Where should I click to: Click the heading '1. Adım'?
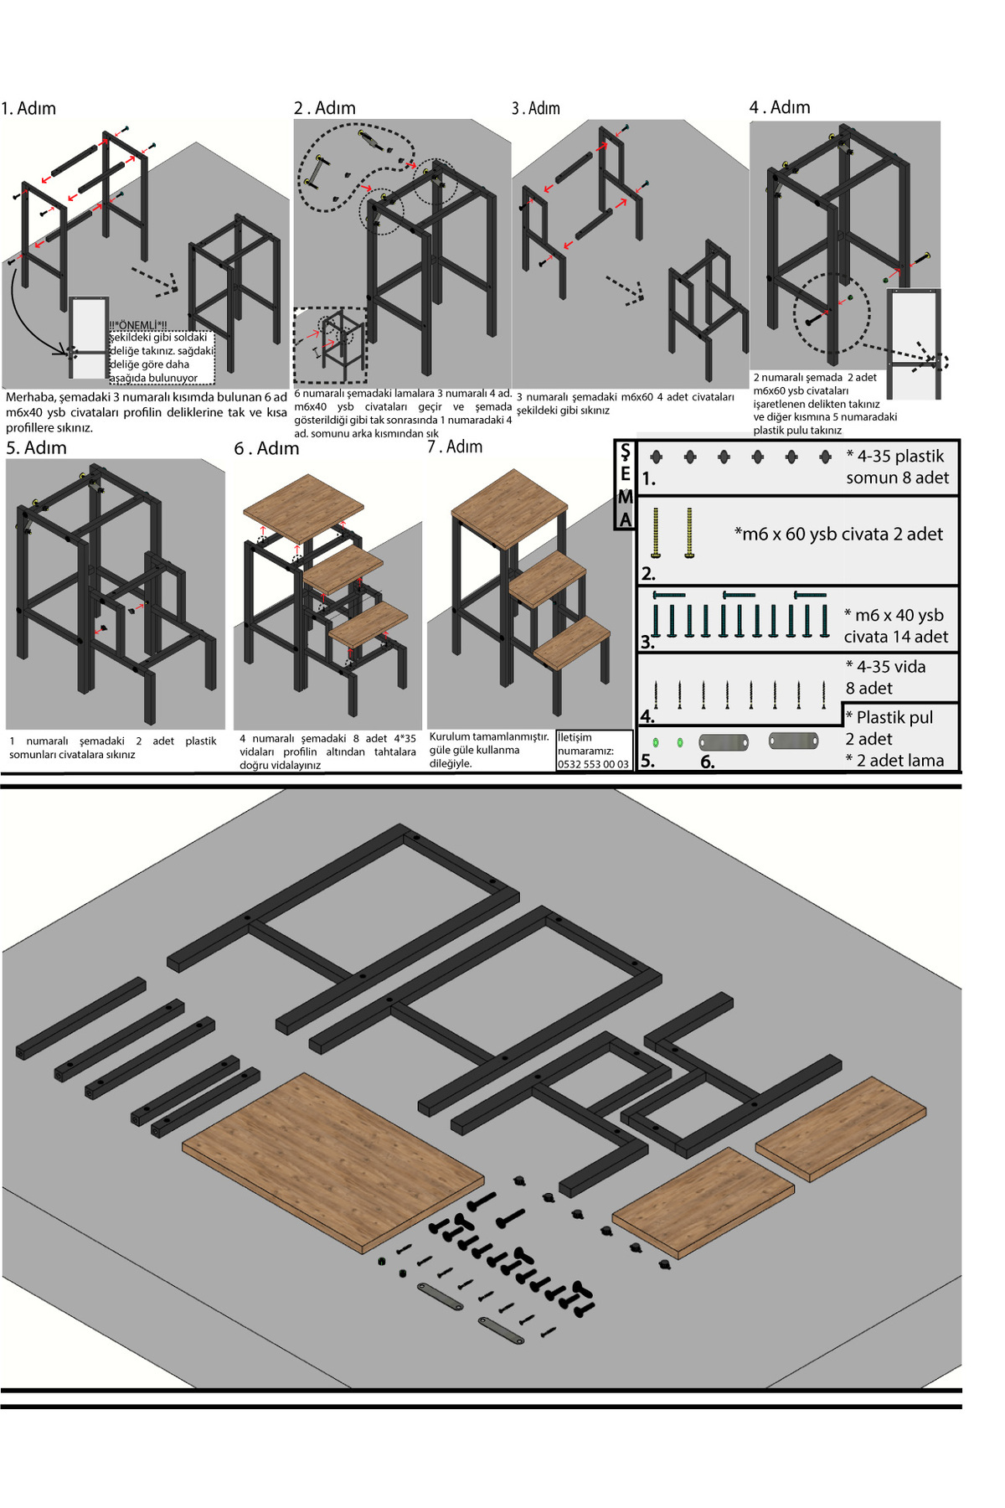28,108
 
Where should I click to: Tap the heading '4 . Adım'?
780,107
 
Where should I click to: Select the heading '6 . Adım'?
266,448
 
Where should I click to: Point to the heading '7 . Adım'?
455,447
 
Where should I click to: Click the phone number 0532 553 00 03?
593,764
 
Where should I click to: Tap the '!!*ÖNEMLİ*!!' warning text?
138,325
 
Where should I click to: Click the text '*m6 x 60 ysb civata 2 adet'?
838,534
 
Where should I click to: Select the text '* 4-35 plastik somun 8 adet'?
897,467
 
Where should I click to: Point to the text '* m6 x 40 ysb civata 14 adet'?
895,626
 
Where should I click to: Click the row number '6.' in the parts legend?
708,762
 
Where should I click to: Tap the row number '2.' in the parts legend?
648,574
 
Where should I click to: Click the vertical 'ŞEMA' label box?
625,485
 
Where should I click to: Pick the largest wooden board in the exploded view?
333,1162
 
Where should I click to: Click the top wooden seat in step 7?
509,509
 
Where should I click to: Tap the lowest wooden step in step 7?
573,643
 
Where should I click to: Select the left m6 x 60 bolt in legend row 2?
656,533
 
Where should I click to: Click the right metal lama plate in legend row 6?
793,741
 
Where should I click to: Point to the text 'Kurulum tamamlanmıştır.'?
489,736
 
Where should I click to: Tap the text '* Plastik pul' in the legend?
889,717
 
